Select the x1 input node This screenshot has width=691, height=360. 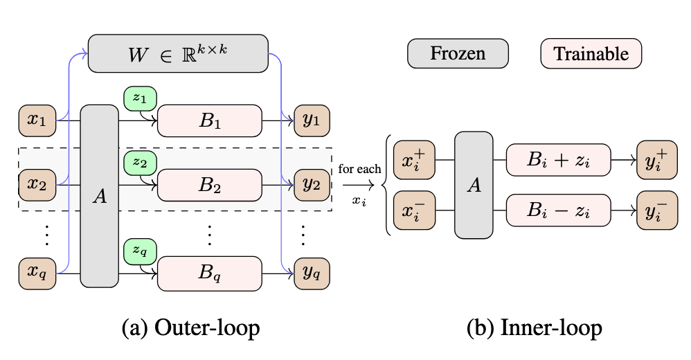click(37, 121)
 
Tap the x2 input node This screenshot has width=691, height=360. click(37, 185)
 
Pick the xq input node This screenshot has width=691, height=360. click(37, 273)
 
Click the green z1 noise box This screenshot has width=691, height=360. click(141, 98)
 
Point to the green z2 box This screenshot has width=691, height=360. click(141, 163)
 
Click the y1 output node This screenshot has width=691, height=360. click(312, 121)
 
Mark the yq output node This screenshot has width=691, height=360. click(312, 273)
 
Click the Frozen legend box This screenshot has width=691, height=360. click(458, 54)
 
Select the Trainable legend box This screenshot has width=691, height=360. click(591, 54)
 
